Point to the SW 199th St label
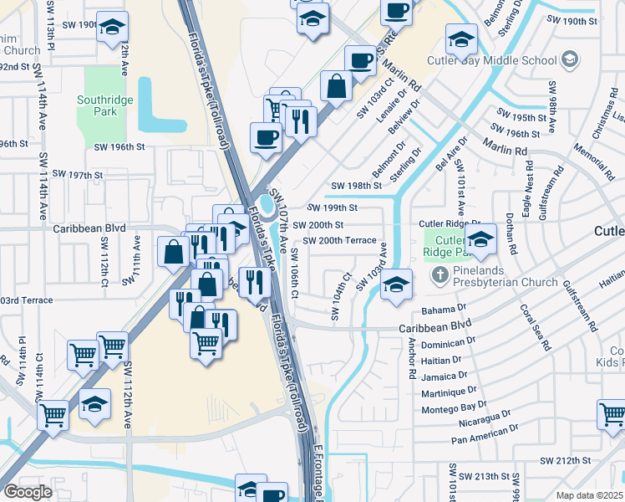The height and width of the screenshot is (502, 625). pyautogui.click(x=332, y=207)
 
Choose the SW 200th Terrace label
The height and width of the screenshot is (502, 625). pyautogui.click(x=339, y=240)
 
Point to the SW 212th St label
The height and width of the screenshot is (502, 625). pyautogui.click(x=565, y=460)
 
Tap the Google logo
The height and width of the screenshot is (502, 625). pyautogui.click(x=28, y=492)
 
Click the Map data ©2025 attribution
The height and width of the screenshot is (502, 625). pyautogui.click(x=590, y=495)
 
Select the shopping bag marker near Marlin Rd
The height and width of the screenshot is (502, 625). pyautogui.click(x=336, y=86)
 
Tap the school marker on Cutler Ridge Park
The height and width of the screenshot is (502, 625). pyautogui.click(x=480, y=240)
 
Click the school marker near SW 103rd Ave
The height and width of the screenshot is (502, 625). pyautogui.click(x=396, y=285)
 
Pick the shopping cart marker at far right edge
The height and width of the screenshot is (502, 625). pyautogui.click(x=612, y=414)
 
